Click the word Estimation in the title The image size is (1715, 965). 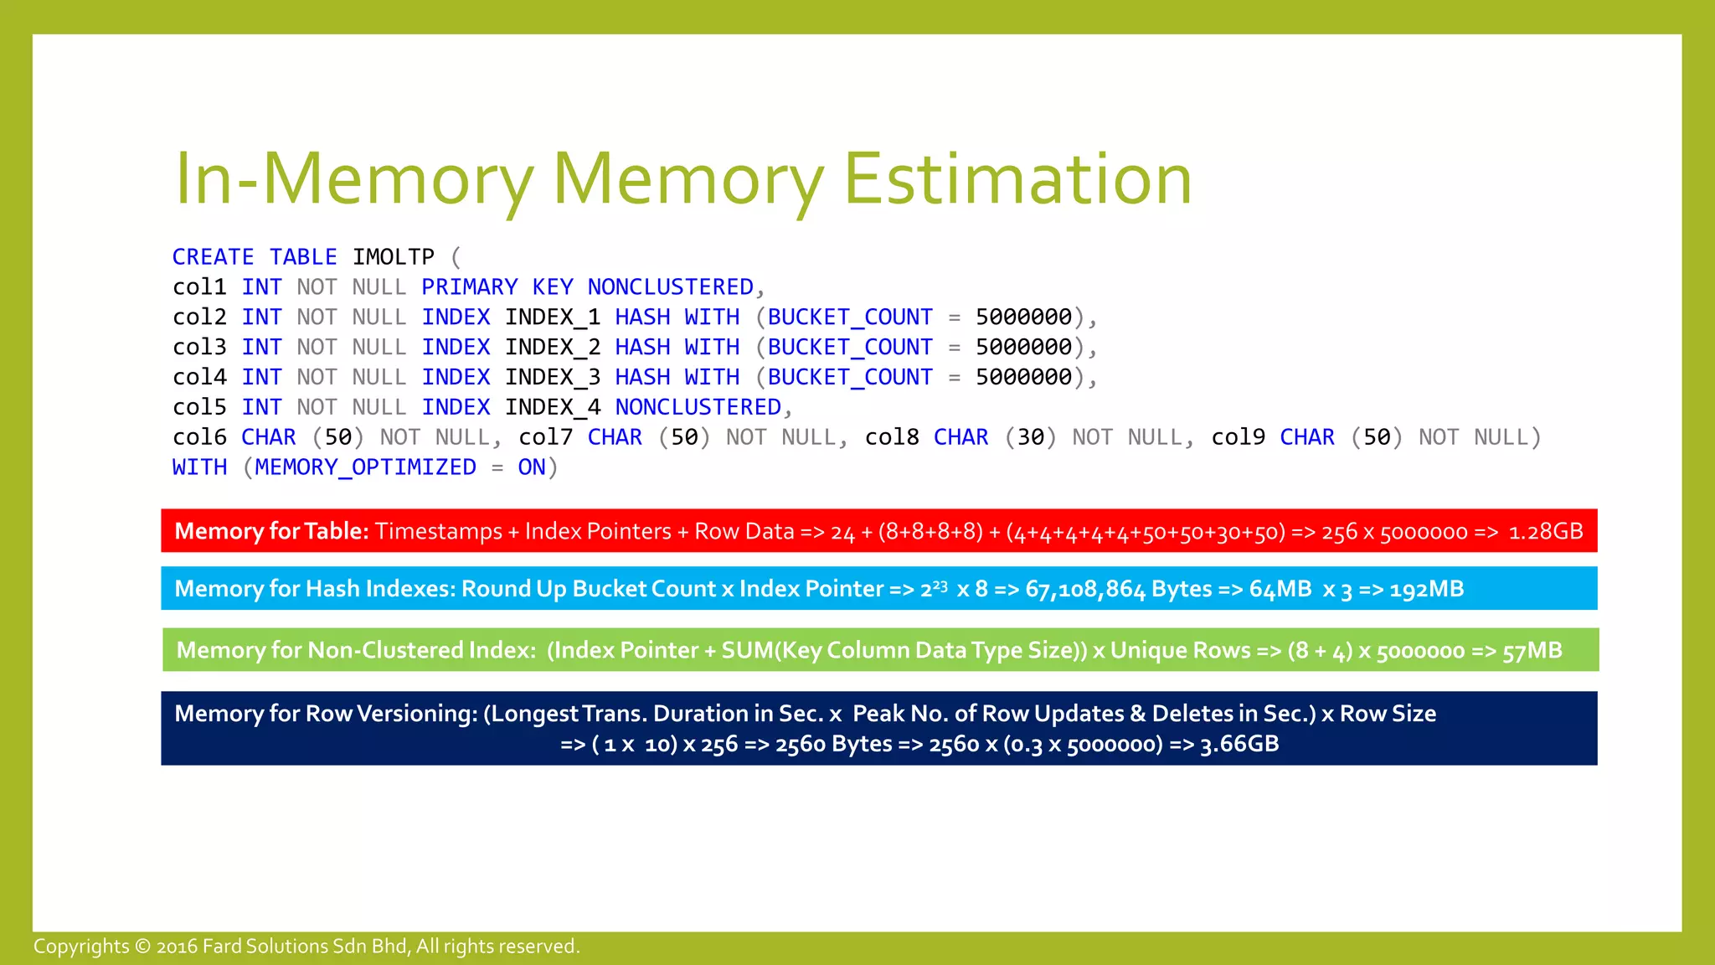(x=1017, y=179)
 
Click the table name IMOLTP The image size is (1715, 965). (x=393, y=257)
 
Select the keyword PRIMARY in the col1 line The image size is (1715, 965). (x=470, y=287)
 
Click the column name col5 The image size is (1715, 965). (x=199, y=408)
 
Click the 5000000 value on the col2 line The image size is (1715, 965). (x=1023, y=317)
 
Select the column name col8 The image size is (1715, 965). (x=892, y=437)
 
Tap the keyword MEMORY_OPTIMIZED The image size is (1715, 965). (x=365, y=467)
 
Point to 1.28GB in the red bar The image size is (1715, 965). (x=1545, y=532)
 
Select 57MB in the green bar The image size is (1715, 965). (x=1532, y=651)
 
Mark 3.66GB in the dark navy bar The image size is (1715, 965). (x=1239, y=744)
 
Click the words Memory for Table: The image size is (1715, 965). (x=271, y=531)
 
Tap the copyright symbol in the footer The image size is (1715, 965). (x=142, y=947)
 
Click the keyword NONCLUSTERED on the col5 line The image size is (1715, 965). (x=698, y=408)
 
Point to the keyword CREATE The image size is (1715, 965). (x=213, y=257)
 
